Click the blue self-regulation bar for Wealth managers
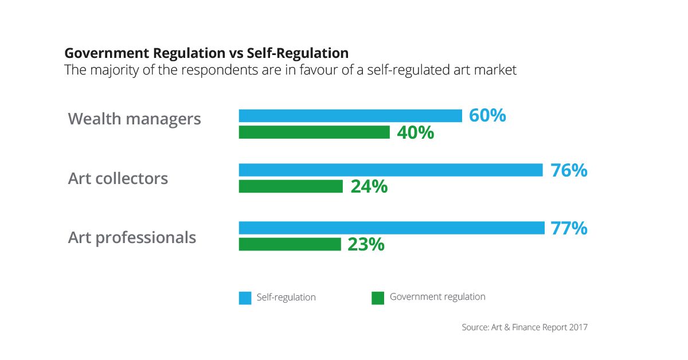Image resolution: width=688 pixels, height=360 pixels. pos(350,116)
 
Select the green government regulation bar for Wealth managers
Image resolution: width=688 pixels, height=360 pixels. pos(314,132)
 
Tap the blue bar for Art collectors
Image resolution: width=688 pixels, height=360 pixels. pos(390,170)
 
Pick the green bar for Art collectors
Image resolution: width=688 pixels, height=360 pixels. pos(291,186)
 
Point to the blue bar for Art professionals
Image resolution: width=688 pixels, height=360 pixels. pos(392,228)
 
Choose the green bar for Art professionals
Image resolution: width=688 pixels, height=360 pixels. pos(290,244)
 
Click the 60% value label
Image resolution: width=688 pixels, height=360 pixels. pos(487,115)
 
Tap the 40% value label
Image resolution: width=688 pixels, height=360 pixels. pos(415,133)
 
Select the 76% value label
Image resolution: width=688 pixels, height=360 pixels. pos(569,170)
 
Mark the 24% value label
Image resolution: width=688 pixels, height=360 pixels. pos(369,187)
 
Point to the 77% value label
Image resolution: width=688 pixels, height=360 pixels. pos(569,228)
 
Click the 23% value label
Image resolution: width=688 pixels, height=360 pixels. pos(366,245)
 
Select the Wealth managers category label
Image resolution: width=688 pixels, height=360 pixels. pos(134,119)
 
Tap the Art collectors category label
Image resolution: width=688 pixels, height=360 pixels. pos(118,178)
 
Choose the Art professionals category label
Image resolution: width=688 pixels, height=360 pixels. pos(132,237)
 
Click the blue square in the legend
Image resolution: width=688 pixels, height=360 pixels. pos(245,298)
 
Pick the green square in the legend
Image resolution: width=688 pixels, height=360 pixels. pos(377,298)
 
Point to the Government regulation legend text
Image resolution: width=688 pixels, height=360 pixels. pos(437,297)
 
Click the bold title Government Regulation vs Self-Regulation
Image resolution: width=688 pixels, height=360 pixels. pos(206,53)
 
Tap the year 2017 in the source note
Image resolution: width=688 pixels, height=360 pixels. pos(578,327)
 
